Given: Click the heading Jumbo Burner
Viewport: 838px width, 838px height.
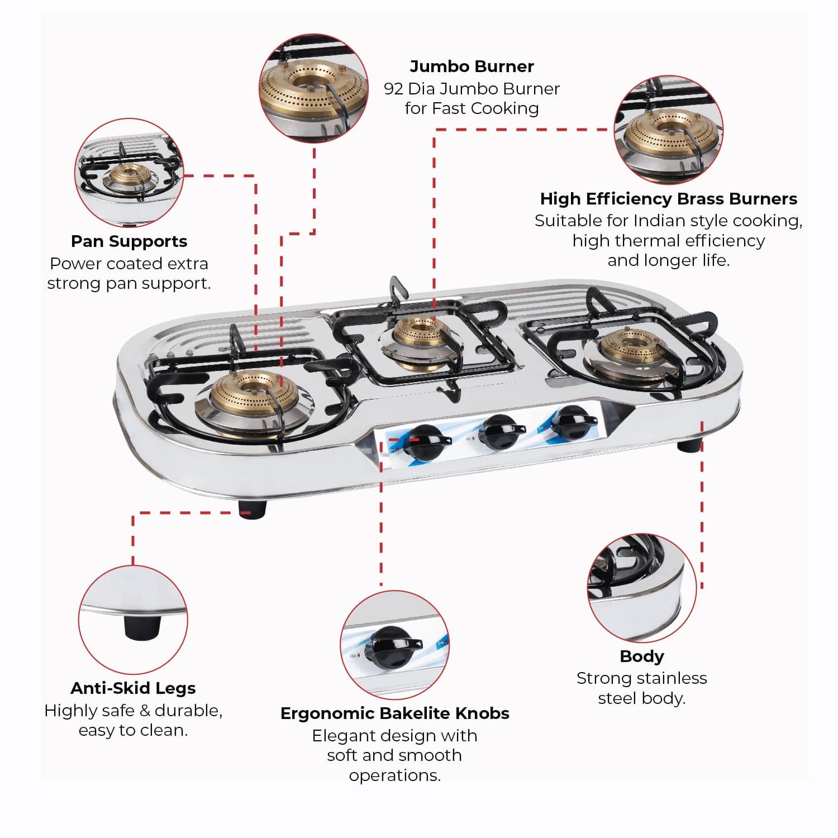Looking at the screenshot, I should point(472,66).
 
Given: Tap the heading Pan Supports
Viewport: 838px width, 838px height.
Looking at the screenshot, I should point(129,241).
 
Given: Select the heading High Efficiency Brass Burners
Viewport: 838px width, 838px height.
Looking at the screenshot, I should point(668,199).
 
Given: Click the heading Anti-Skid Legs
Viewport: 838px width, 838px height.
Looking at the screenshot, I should point(133,688).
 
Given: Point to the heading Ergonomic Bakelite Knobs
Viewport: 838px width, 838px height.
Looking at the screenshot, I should point(394,713).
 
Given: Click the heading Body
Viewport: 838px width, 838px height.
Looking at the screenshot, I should point(642,656).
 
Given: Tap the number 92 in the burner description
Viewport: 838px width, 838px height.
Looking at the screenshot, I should point(393,89).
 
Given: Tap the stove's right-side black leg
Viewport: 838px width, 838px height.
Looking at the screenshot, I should point(689,446).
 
